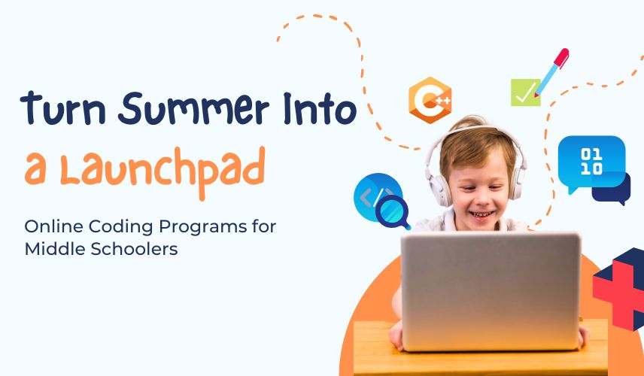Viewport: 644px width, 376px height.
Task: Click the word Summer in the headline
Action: (x=193, y=109)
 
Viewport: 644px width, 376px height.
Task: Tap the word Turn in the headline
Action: (x=63, y=109)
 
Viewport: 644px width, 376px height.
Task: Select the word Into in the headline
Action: (x=320, y=109)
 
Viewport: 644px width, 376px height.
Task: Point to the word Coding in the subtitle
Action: (x=120, y=227)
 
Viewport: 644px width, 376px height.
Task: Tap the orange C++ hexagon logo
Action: (x=430, y=100)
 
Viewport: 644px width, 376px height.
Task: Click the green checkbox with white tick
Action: (x=525, y=92)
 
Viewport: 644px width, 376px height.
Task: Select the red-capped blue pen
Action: (x=551, y=72)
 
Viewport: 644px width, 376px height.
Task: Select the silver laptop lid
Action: (x=491, y=292)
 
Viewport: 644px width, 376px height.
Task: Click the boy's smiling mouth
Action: (x=481, y=214)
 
